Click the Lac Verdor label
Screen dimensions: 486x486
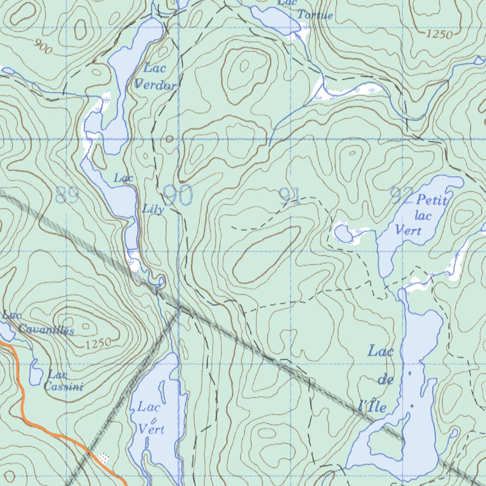155,76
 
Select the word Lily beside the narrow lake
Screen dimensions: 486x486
153,209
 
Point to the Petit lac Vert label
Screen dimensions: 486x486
421,215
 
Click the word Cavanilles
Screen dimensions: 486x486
46,329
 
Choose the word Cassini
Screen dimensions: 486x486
64,387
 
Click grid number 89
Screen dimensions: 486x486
67,195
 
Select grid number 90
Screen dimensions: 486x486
178,195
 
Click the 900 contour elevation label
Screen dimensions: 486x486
43,46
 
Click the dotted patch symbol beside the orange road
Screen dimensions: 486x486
103,458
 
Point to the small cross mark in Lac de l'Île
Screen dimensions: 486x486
412,406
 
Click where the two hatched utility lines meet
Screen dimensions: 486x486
179,309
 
